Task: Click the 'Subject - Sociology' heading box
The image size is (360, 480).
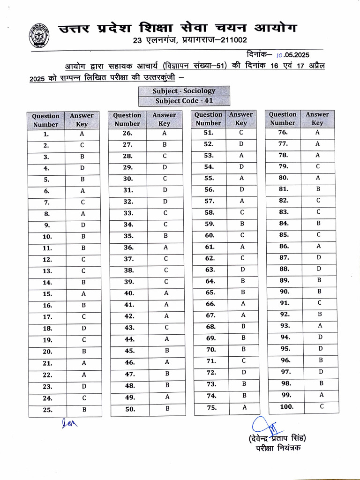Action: click(184, 91)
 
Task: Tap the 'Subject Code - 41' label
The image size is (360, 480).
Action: click(184, 101)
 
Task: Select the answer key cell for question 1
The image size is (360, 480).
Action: click(82, 134)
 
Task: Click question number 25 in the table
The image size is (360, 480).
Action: click(47, 410)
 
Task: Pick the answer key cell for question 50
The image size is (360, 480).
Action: click(167, 409)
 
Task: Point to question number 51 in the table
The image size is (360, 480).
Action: click(209, 133)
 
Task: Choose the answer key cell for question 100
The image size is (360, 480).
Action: click(322, 406)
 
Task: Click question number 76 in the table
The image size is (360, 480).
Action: click(283, 132)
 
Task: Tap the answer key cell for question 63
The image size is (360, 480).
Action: click(242, 270)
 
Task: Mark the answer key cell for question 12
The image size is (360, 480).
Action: click(82, 259)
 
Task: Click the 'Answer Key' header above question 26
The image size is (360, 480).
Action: click(164, 119)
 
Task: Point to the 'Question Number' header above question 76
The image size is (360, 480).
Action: click(283, 119)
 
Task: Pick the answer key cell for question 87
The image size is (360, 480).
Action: click(319, 257)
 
